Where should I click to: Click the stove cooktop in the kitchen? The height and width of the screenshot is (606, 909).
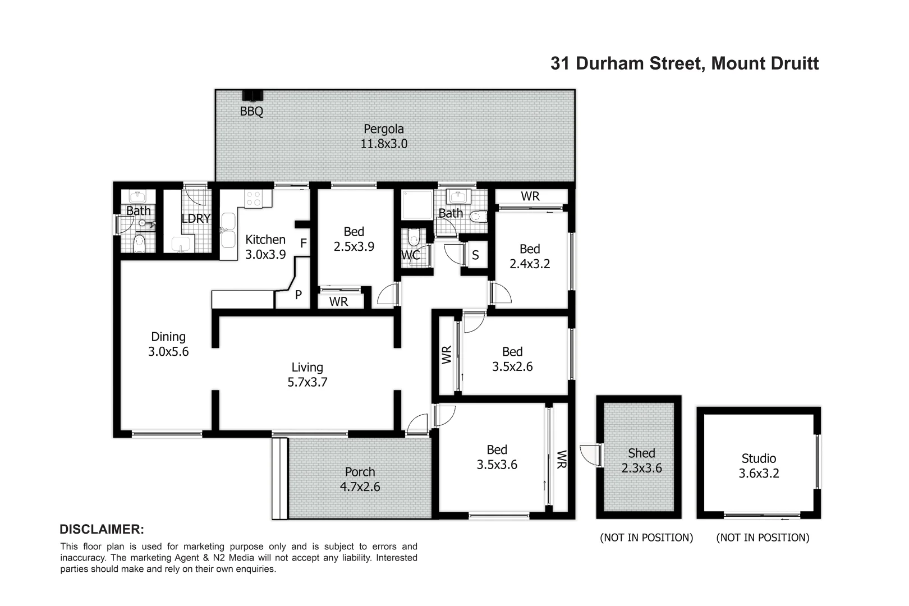pos(253,198)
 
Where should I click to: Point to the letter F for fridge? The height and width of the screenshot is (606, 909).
pos(304,243)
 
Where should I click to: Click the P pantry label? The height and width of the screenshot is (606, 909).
pos(299,294)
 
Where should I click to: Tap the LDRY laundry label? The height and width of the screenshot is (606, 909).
pos(196,218)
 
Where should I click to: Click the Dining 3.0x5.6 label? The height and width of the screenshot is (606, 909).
pos(168,345)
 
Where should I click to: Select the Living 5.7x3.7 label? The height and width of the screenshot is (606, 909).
pos(307,375)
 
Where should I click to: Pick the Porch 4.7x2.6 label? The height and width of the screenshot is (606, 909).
pos(360,479)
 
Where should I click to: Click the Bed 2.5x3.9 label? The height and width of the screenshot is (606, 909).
pos(353,239)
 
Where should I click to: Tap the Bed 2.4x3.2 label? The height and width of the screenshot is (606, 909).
pos(530,256)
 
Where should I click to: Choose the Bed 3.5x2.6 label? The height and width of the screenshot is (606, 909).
pos(512,359)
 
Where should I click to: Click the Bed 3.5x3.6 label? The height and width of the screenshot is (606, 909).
pos(497,457)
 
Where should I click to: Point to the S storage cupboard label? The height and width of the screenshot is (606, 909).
pos(475,255)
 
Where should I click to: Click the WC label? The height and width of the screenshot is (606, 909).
pos(410,255)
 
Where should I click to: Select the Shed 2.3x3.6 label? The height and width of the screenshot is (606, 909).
pos(641,460)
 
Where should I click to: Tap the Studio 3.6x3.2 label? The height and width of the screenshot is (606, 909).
pos(759,466)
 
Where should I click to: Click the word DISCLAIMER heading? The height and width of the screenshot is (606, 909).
pos(102,529)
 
